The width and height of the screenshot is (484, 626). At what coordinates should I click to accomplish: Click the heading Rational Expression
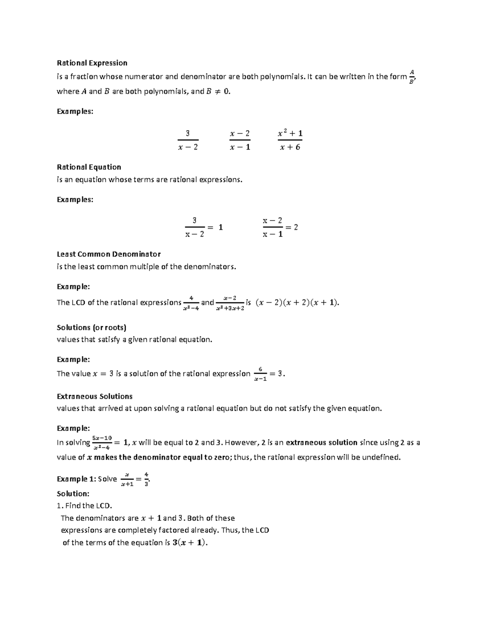(92, 63)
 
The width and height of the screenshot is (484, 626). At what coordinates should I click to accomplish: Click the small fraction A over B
(411, 77)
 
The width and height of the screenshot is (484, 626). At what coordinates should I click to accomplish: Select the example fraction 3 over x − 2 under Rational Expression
(188, 140)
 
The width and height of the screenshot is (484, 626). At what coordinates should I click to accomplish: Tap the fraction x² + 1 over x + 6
(290, 140)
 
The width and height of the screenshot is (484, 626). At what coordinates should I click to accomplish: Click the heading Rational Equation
(89, 167)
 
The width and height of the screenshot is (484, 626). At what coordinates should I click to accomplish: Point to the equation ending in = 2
(280, 227)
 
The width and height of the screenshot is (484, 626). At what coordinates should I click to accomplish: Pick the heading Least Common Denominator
(108, 254)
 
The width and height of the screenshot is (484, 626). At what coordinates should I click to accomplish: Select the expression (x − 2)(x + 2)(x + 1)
(297, 303)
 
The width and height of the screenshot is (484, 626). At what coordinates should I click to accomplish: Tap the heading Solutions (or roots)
(92, 327)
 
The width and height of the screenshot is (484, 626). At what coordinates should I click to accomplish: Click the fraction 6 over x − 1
(261, 374)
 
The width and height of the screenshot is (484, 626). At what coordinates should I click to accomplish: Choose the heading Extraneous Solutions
(94, 396)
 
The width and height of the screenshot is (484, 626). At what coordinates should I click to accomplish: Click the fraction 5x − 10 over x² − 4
(102, 442)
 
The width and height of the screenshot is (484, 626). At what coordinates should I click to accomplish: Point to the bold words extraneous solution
(321, 443)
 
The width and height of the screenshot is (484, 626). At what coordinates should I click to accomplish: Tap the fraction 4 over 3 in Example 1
(146, 479)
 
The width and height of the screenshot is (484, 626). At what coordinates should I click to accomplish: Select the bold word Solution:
(73, 493)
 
